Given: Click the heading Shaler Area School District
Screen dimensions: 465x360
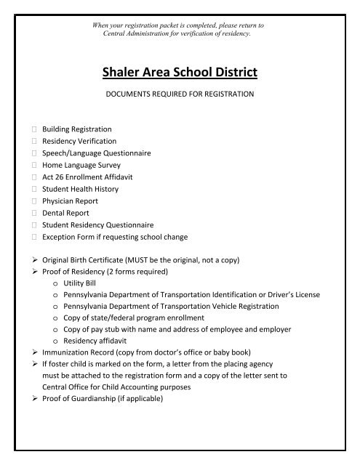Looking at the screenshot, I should pos(180,72).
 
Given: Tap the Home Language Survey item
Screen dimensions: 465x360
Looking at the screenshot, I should pos(81,164).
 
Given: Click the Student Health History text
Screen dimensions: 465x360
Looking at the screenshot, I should pos(80,188).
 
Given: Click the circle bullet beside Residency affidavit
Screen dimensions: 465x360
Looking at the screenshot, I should pos(57,344).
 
